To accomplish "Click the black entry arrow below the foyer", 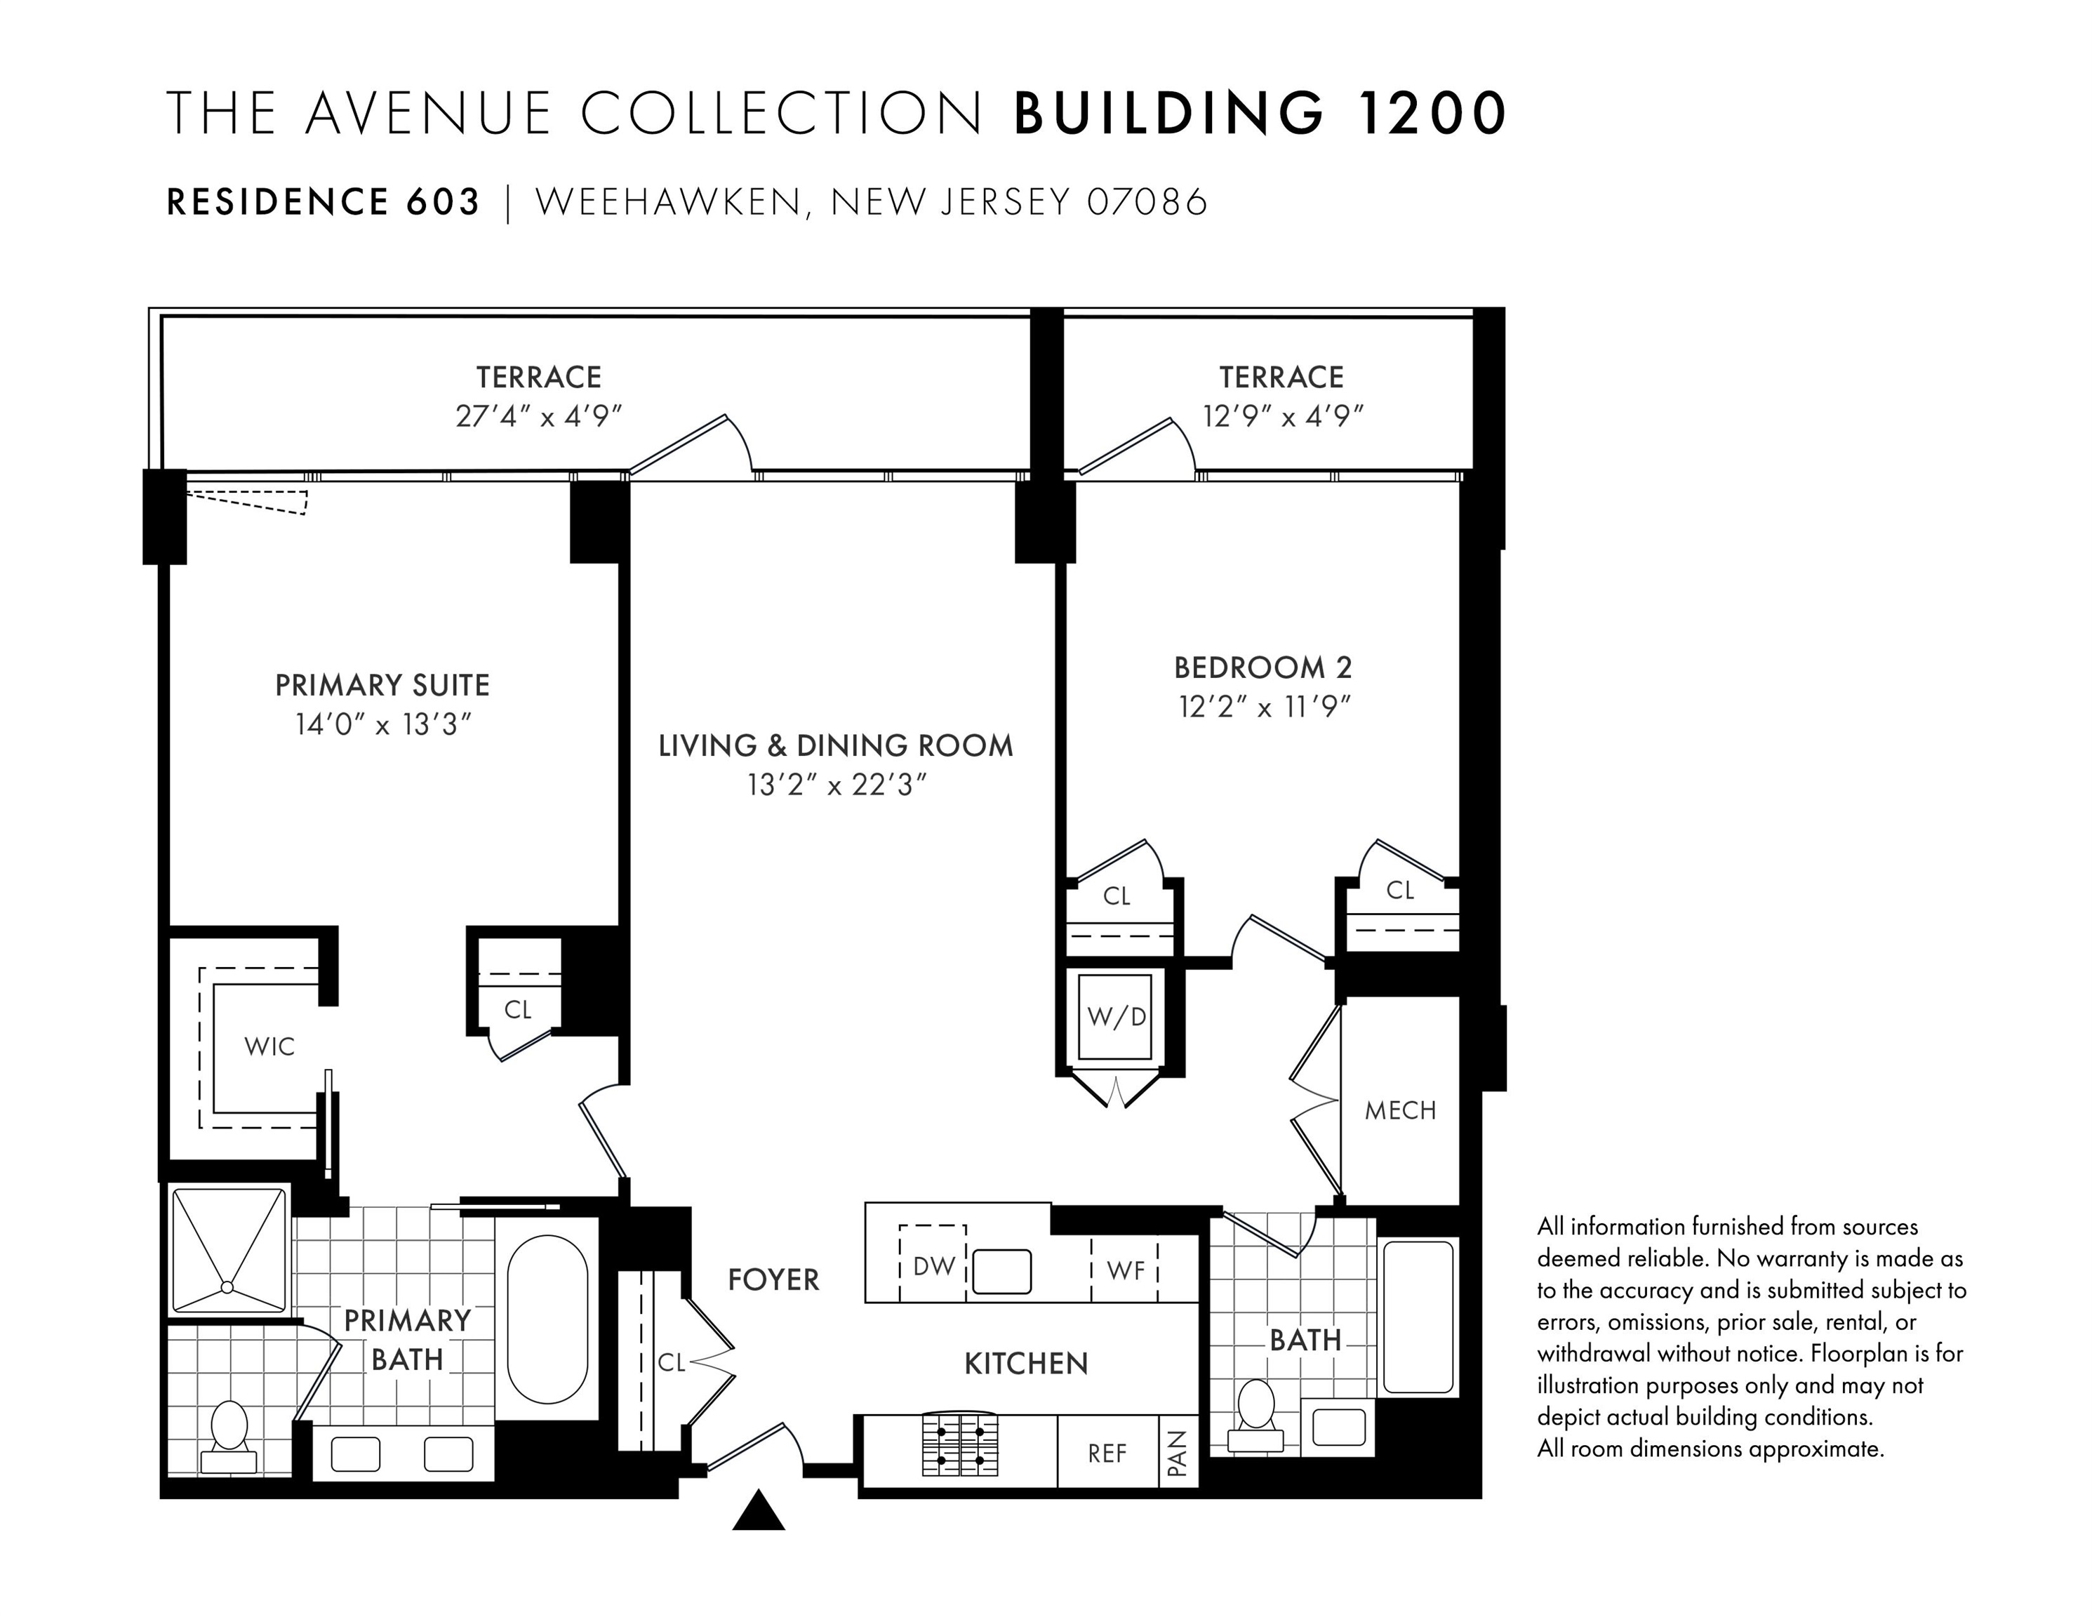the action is tap(759, 1510).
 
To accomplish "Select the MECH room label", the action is tap(1401, 1110).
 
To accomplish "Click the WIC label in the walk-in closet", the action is tap(269, 1046).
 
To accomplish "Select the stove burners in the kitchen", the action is tap(960, 1444).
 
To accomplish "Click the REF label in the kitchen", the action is tap(1107, 1454).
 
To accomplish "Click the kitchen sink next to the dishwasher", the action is tap(1002, 1271).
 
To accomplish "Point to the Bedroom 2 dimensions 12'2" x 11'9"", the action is tap(1265, 707).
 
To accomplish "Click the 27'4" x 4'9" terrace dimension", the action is tap(539, 417).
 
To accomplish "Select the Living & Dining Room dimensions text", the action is tap(837, 785).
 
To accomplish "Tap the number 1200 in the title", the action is tap(1430, 113).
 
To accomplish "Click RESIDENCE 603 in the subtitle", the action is tap(324, 202).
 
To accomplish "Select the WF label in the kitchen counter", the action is tap(1126, 1271).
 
